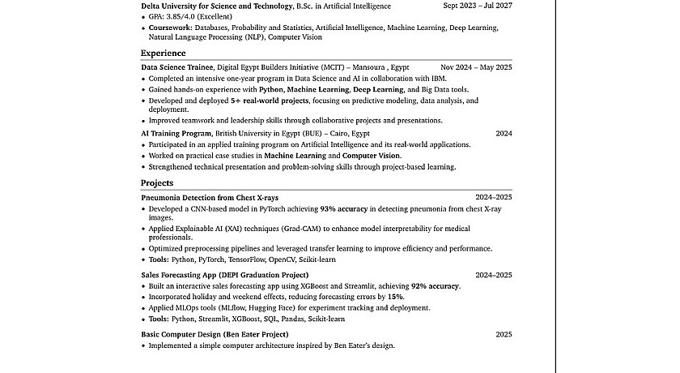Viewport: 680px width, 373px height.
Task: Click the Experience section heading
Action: (163, 53)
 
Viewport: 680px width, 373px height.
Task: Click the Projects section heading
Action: (157, 183)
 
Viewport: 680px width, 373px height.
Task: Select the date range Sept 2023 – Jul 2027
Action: (478, 6)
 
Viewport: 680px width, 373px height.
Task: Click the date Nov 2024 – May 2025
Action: (476, 67)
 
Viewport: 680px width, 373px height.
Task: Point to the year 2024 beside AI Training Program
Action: (504, 133)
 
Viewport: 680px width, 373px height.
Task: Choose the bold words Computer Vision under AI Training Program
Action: (372, 155)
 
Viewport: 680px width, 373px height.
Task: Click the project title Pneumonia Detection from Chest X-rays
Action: (210, 197)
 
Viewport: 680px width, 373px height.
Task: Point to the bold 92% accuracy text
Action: (436, 286)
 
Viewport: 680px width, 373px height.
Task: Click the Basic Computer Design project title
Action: (215, 334)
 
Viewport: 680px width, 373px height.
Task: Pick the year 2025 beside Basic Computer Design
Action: (504, 334)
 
